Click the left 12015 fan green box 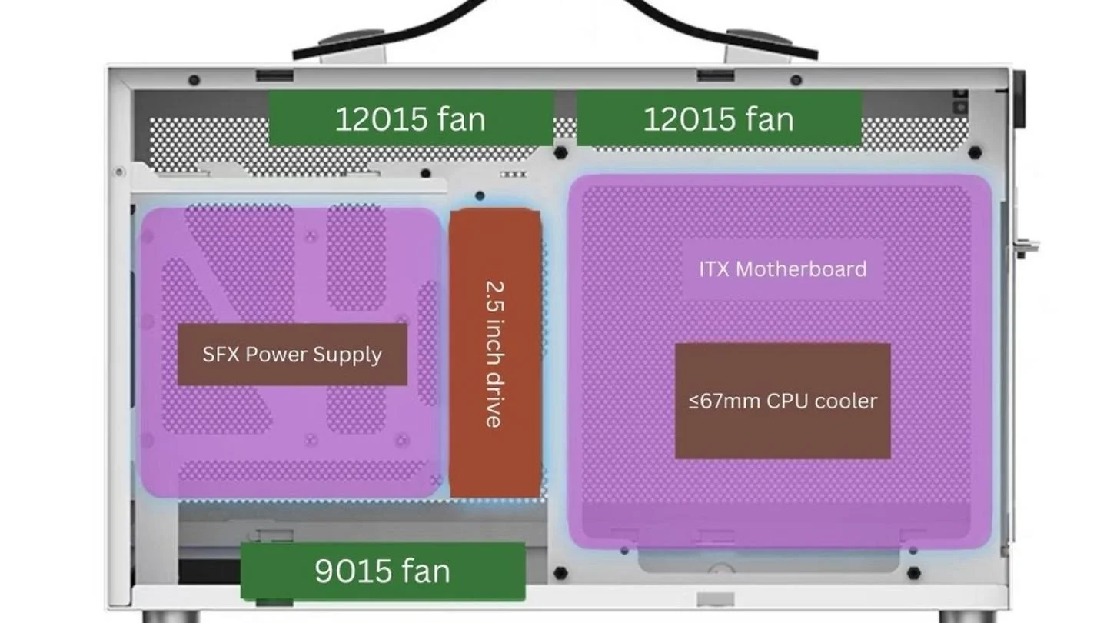[x=411, y=118]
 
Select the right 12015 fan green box [x=719, y=118]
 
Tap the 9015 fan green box [x=383, y=571]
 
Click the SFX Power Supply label [x=292, y=355]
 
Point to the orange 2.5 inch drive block [x=495, y=352]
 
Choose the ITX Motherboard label [x=783, y=269]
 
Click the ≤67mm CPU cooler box [x=783, y=401]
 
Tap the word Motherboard [x=801, y=269]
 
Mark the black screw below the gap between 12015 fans [x=560, y=153]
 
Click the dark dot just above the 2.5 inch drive [x=480, y=196]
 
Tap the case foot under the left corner [x=171, y=617]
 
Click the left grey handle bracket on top [x=352, y=48]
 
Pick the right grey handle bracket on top [x=759, y=48]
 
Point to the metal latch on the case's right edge [x=1026, y=247]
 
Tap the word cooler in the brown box [x=846, y=401]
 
